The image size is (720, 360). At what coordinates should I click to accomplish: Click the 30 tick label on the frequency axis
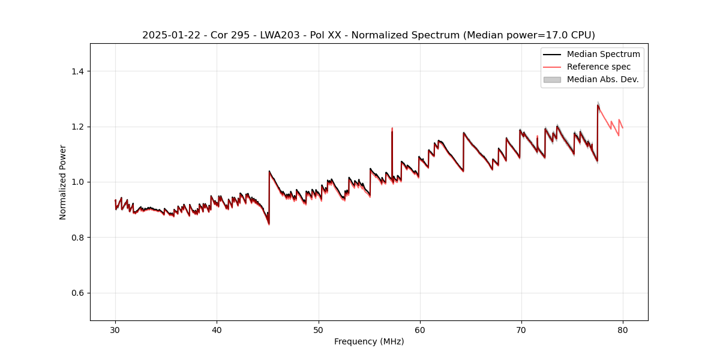[x=115, y=330]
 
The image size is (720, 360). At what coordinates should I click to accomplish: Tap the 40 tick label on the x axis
[x=217, y=330]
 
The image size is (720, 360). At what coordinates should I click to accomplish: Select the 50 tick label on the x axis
[x=319, y=330]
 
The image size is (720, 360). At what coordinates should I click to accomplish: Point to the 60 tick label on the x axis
[x=420, y=330]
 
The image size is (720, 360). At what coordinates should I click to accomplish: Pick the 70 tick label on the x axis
[x=521, y=330]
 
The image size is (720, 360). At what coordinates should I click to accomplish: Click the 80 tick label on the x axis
[x=623, y=330]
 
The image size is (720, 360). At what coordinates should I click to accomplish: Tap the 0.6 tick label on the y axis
[x=77, y=293]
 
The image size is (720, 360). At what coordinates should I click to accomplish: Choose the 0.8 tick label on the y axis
[x=77, y=238]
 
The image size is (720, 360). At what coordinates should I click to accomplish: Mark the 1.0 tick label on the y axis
[x=77, y=182]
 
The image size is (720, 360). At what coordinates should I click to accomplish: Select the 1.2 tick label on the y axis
[x=77, y=127]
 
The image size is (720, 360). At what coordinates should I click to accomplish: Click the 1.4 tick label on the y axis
[x=77, y=71]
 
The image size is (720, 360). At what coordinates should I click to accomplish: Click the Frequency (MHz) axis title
[x=369, y=341]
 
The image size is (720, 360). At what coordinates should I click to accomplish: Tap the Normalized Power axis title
[x=63, y=182]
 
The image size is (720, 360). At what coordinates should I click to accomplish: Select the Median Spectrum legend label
[x=603, y=54]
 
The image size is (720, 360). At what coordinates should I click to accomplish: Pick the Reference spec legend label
[x=599, y=67]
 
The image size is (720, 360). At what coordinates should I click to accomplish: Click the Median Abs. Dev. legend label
[x=603, y=79]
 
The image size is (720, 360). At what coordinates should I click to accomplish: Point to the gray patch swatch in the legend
[x=552, y=79]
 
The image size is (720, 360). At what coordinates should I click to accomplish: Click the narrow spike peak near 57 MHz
[x=392, y=128]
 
